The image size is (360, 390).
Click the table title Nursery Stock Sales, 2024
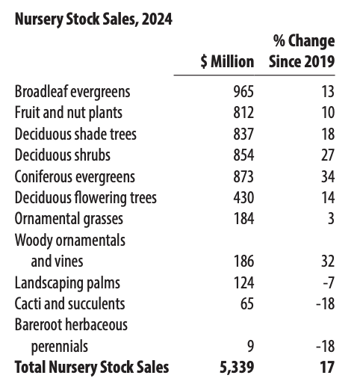click(x=93, y=19)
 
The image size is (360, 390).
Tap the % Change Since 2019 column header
click(x=302, y=51)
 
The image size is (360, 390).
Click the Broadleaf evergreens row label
click(x=72, y=92)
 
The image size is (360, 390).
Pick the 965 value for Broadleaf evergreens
click(x=243, y=92)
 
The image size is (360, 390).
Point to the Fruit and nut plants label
click(x=68, y=113)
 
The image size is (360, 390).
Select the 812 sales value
click(x=243, y=113)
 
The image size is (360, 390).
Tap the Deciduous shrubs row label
click(x=62, y=155)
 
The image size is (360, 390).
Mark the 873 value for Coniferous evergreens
click(x=243, y=177)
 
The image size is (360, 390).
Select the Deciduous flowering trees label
click(x=86, y=198)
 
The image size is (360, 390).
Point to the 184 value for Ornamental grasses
click(x=243, y=219)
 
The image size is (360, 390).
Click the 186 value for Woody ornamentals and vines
click(x=243, y=261)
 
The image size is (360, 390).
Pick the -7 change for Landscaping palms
click(x=328, y=283)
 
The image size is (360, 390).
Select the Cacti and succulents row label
click(x=69, y=304)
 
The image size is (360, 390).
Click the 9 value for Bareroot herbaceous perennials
click(x=249, y=347)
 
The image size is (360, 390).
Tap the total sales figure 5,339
click(x=238, y=368)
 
